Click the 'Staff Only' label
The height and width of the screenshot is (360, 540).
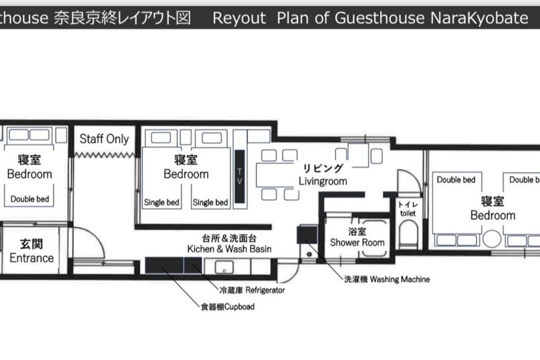(x=104, y=139)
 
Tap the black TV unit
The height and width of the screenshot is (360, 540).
(x=240, y=176)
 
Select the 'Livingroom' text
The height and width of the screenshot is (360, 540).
(x=323, y=181)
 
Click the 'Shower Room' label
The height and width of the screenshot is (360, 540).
(x=357, y=242)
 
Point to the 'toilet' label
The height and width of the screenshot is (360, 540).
(x=408, y=213)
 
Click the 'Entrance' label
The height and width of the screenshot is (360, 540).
(x=32, y=258)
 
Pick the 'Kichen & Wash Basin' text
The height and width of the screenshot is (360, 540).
(x=229, y=248)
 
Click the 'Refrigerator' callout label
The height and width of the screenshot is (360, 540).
(x=265, y=290)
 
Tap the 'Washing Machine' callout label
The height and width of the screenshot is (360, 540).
(x=400, y=279)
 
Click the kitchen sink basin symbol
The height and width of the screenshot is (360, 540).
(x=224, y=267)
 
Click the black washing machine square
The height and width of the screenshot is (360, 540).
(x=307, y=235)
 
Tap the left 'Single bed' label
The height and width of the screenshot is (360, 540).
(x=161, y=202)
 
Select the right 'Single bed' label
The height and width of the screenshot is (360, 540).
(x=210, y=202)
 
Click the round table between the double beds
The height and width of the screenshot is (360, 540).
(x=492, y=239)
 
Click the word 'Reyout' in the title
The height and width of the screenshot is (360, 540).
(x=239, y=17)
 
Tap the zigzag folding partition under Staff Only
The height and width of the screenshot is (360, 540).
(x=105, y=155)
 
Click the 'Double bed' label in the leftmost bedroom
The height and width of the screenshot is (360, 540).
(x=30, y=199)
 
